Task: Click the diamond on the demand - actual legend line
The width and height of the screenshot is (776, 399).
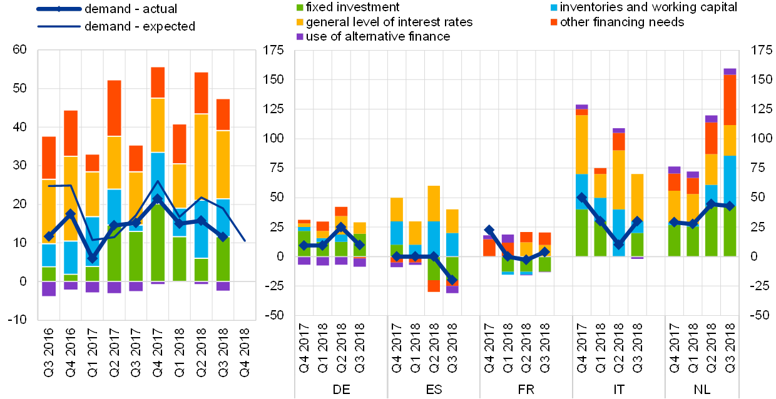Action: [58, 9]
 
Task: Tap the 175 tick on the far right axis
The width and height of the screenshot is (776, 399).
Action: [760, 50]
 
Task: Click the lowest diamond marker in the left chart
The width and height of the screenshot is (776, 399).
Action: [93, 258]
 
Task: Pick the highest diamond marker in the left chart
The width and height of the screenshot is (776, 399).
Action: [158, 199]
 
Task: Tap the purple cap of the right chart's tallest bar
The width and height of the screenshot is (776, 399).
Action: [730, 71]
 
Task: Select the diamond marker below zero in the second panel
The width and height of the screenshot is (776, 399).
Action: [452, 280]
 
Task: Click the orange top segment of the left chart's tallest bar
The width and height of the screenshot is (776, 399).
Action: [158, 83]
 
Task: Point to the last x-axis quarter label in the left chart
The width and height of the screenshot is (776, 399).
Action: [245, 351]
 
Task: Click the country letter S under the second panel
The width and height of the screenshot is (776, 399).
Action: [437, 390]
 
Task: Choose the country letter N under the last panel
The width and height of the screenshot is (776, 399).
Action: [698, 390]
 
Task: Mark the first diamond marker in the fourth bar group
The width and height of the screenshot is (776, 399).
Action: [582, 198]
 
